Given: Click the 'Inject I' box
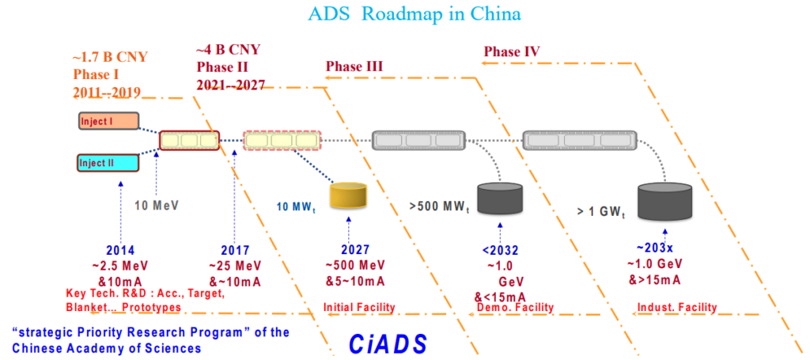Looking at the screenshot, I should click(109, 121).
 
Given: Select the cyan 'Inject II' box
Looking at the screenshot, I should click(109, 163).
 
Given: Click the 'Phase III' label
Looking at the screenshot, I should click(354, 66).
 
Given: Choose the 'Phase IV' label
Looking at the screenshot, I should click(512, 51).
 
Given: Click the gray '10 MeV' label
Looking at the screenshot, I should click(157, 204).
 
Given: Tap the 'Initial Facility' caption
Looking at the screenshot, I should click(354, 306).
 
